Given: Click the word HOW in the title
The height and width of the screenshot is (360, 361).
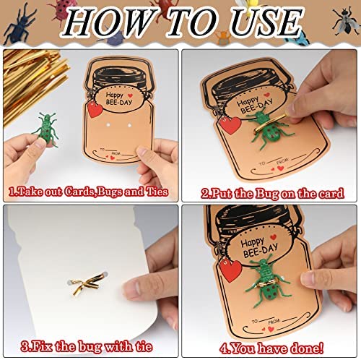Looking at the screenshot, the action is (x=109, y=22).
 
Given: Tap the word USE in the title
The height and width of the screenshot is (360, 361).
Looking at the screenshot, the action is (x=266, y=22).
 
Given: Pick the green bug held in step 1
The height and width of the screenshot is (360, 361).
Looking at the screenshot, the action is (x=47, y=129).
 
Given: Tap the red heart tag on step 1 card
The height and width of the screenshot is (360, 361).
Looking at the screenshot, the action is (x=95, y=109).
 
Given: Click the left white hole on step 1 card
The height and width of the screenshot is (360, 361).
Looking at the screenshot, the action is (x=108, y=125).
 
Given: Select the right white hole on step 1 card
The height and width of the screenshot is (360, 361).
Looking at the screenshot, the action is (x=129, y=125).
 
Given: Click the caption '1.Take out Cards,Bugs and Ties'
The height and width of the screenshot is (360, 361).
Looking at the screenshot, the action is (x=88, y=192).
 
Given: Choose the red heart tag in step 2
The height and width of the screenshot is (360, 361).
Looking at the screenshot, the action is (x=230, y=125).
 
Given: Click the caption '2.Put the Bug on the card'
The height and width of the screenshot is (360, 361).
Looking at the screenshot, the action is (x=273, y=194).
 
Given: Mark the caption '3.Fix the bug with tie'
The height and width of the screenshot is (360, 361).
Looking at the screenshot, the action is (x=87, y=347).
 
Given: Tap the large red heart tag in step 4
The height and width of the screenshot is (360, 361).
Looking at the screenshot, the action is (x=230, y=271).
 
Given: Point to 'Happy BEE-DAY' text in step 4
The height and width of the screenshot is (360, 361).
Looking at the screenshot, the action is (x=259, y=248).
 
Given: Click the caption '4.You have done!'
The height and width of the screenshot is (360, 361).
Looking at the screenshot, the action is (x=271, y=348).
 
